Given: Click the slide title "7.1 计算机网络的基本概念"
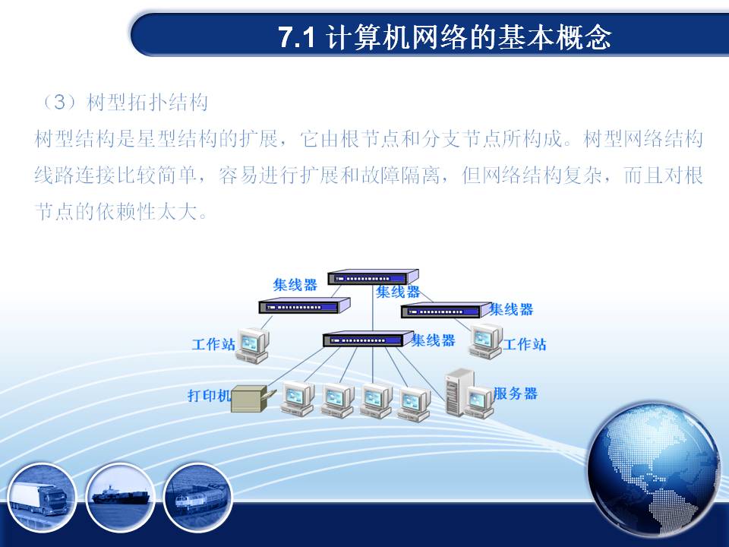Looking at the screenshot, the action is click(x=445, y=36).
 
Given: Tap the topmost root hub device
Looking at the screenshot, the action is click(x=373, y=277).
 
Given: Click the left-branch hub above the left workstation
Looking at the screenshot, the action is click(x=305, y=305).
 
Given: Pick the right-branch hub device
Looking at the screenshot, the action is click(x=447, y=310).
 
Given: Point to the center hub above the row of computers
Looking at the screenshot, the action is click(x=368, y=339).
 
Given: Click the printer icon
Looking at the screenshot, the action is click(x=252, y=399).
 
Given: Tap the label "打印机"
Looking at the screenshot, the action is click(x=210, y=395).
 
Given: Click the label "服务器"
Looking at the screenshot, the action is click(x=516, y=394).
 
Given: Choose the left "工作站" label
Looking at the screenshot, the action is click(x=213, y=344).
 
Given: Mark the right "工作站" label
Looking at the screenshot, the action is click(x=525, y=344).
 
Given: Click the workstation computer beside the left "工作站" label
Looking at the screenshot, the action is click(x=253, y=345).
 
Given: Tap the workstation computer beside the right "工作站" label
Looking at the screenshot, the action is click(x=485, y=341).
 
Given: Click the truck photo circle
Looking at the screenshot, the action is click(x=41, y=497).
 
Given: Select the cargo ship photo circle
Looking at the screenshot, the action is click(x=121, y=497).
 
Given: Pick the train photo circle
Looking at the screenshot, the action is click(x=198, y=497).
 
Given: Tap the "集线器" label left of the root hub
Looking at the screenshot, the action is click(x=295, y=285).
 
